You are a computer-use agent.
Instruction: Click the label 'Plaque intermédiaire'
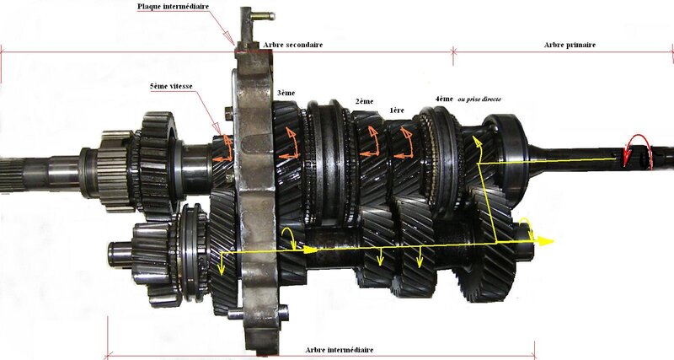[173, 7]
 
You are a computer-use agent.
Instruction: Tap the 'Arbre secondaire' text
[293, 45]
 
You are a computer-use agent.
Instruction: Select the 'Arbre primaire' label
[570, 45]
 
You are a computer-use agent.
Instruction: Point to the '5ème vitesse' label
[171, 86]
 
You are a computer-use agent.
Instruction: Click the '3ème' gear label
[286, 93]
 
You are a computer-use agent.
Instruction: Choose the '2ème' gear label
[364, 101]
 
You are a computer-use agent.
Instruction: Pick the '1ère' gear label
[397, 110]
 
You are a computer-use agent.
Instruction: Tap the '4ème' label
[444, 99]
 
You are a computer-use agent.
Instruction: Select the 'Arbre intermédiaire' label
[340, 350]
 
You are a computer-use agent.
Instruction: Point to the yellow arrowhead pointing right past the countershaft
[545, 241]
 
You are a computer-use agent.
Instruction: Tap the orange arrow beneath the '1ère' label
[404, 142]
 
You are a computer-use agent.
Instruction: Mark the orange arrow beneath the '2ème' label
[371, 142]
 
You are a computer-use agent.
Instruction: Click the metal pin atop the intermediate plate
[263, 16]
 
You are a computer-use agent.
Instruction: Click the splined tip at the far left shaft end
[12, 175]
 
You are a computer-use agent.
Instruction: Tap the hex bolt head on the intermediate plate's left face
[228, 114]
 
